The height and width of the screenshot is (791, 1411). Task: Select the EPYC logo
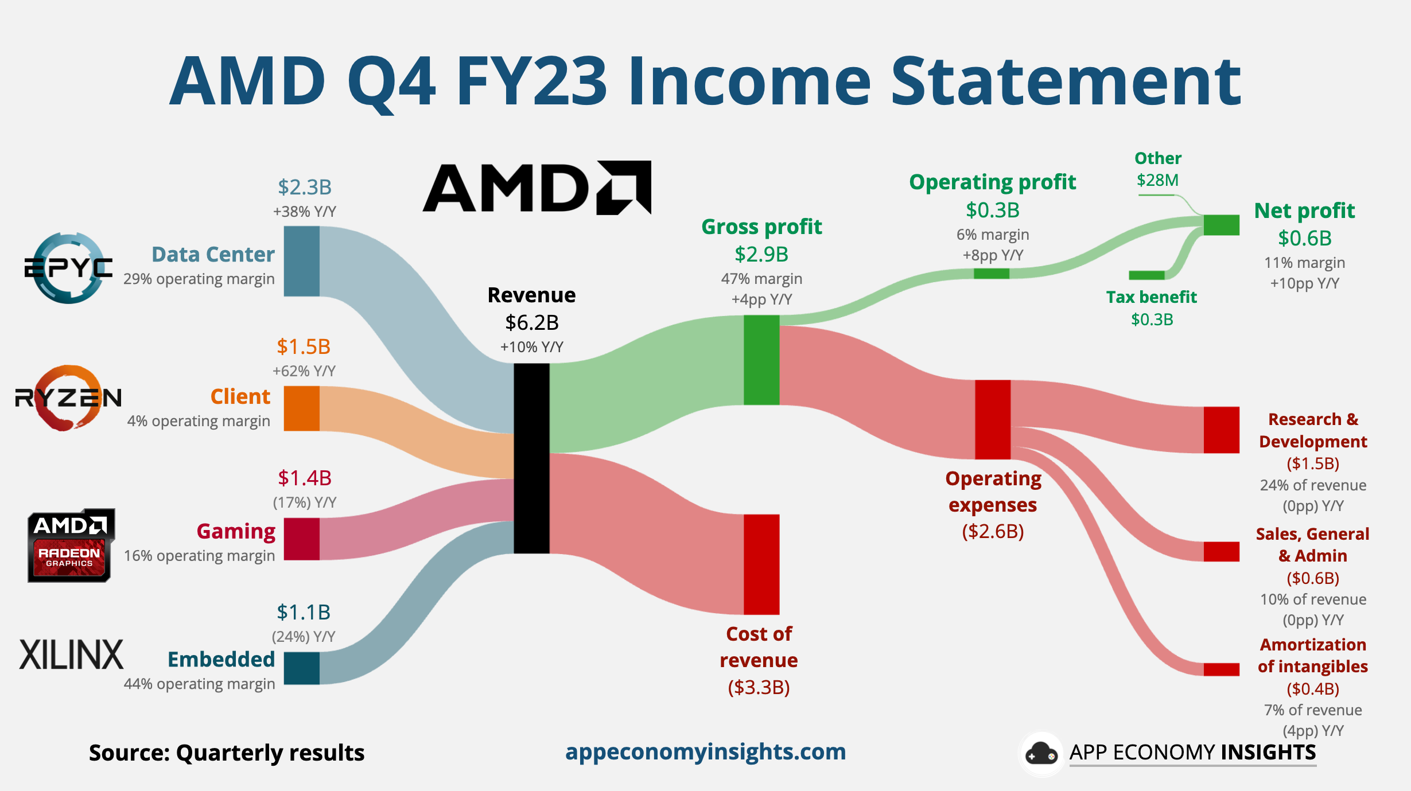click(68, 268)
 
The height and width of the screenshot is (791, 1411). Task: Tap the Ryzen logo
click(68, 398)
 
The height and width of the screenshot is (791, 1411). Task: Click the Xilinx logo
click(71, 654)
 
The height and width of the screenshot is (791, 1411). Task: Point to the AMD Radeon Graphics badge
click(71, 545)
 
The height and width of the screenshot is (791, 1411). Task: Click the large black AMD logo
click(537, 188)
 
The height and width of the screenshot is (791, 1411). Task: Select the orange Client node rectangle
click(301, 408)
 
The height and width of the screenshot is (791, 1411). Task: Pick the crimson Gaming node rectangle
click(301, 539)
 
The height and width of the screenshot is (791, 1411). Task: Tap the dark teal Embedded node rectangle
click(301, 668)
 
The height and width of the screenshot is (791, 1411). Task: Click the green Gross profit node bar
click(761, 360)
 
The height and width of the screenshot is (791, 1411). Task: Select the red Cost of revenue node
click(761, 564)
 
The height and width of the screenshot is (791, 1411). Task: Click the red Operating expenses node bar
click(993, 419)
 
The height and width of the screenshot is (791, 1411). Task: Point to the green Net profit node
click(1221, 225)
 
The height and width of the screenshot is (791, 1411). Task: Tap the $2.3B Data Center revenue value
click(305, 187)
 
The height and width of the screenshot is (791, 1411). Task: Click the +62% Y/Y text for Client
click(304, 371)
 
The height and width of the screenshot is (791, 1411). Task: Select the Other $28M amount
click(1157, 180)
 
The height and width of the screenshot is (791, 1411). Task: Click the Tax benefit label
click(1151, 297)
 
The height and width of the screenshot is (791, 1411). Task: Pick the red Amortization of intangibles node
click(1221, 669)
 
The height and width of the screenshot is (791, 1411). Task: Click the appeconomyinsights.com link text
click(705, 751)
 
